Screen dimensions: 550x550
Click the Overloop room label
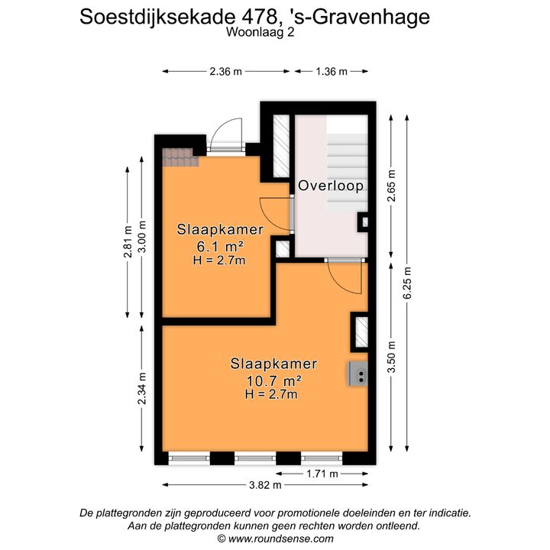(331, 186)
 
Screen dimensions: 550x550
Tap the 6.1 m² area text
(220, 247)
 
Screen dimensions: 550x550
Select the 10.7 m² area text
(273, 380)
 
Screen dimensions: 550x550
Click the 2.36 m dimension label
(225, 72)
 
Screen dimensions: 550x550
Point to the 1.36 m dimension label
(332, 72)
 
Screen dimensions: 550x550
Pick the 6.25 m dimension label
(407, 283)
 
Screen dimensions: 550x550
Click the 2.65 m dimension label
(391, 186)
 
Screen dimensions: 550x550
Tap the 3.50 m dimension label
(391, 357)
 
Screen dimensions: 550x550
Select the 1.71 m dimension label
(322, 474)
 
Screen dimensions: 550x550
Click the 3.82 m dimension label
(265, 485)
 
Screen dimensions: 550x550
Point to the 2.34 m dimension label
(142, 388)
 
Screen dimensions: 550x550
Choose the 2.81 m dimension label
(128, 242)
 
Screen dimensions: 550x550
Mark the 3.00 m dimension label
(142, 237)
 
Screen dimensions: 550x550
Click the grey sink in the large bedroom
(357, 374)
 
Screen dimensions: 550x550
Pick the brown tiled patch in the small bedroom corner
(180, 157)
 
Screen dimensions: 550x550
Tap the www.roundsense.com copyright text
(275, 539)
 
